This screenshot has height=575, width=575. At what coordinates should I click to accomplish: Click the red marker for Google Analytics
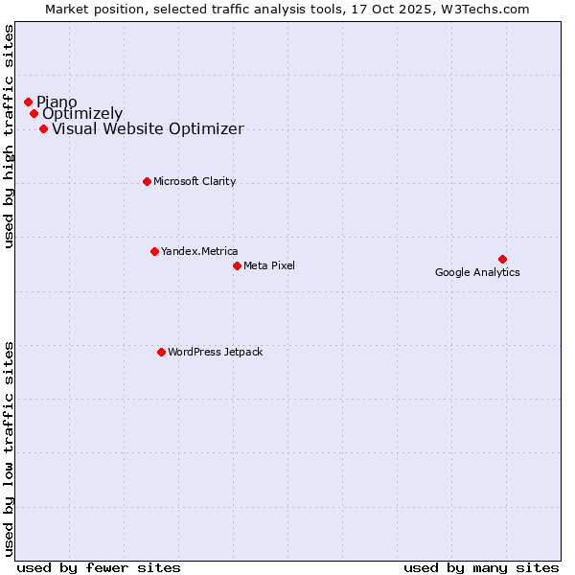coord(502,259)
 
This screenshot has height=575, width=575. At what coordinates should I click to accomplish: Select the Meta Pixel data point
coord(237,265)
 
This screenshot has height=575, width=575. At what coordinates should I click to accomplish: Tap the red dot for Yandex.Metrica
coord(154,251)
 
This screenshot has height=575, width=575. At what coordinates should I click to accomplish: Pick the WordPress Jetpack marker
coord(161,352)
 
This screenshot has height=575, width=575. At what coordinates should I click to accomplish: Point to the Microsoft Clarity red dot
coord(147,181)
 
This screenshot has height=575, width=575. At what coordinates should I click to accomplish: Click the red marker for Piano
coord(28,102)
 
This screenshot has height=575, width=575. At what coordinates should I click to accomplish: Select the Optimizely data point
coord(34,113)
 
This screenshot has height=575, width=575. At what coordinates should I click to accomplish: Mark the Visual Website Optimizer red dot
coord(43,128)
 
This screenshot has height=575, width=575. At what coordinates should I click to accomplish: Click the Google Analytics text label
coord(477,273)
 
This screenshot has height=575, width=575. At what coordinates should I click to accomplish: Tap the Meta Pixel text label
coord(269,265)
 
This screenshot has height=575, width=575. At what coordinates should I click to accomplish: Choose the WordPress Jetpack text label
coord(215,352)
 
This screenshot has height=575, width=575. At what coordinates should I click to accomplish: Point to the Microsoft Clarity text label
coord(195,181)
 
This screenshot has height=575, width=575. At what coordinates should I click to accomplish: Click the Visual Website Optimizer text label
coord(148,129)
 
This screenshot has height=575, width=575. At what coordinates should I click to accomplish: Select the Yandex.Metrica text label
coord(199,251)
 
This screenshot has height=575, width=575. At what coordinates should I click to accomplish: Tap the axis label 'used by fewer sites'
coord(99,567)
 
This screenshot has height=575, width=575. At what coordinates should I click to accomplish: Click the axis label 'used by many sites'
coord(481,567)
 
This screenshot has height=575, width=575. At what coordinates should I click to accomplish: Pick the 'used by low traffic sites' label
coord(10,447)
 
